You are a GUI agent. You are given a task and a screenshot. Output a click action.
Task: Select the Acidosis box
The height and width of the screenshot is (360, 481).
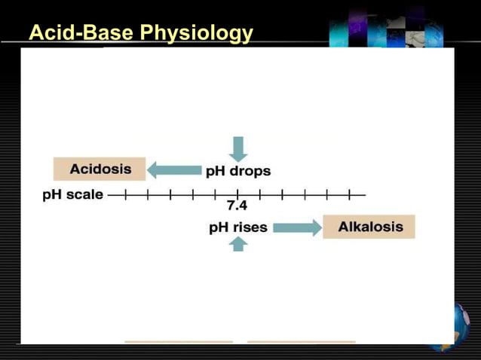pos(100,169)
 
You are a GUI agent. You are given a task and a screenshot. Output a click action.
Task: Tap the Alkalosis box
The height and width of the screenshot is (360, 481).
pos(369,227)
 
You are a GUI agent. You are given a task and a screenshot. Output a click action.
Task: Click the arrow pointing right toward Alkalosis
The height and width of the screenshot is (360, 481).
pos(297,227)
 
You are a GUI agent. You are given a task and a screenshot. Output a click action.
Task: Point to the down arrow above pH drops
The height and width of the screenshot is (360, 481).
pos(238,148)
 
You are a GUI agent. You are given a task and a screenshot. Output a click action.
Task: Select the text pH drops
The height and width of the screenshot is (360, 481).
pos(238,171)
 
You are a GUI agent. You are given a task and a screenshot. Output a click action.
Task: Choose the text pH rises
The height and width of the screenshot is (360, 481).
pos(238,227)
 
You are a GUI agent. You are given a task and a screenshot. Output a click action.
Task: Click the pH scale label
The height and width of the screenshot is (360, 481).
pos(72,194)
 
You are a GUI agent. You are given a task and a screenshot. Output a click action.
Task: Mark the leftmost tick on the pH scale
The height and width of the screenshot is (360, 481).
pos(126,194)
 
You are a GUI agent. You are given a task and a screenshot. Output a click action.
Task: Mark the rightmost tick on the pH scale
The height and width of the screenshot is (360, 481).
pos(350,194)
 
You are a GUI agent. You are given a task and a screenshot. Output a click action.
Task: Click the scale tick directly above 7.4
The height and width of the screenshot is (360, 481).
pos(237,194)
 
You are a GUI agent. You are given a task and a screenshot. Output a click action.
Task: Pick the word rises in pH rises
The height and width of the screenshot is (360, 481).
pos(250,227)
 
